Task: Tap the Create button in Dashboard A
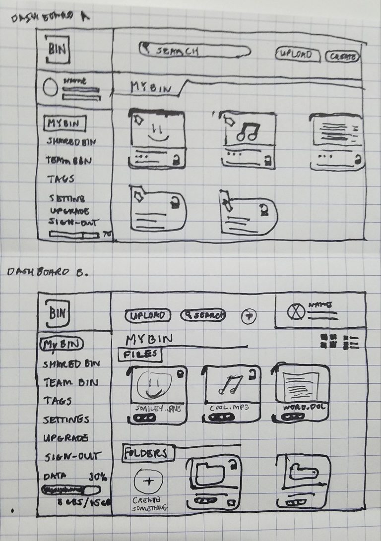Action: click(343, 57)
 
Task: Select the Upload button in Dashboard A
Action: click(297, 55)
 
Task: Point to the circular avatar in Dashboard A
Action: click(51, 88)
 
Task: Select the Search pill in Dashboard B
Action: click(203, 315)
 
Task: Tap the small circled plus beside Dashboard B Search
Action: click(249, 316)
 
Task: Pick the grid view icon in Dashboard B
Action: click(329, 341)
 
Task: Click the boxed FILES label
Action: click(139, 355)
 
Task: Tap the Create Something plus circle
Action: click(148, 481)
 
